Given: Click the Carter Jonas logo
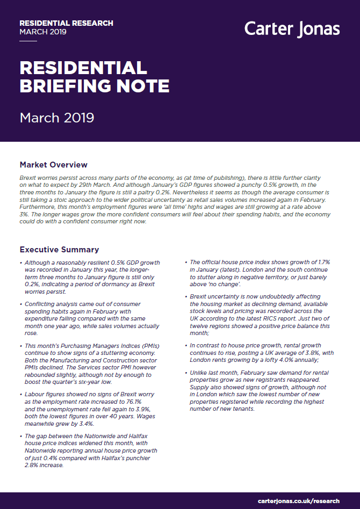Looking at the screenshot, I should click(x=292, y=28).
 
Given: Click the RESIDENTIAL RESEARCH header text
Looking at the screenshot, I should click(x=66, y=23).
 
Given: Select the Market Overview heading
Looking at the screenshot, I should click(x=53, y=164).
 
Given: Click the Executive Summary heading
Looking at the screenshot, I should click(x=59, y=249).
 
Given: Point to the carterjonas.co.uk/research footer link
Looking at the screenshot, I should click(x=298, y=501).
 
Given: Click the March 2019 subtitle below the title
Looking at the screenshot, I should click(x=57, y=117).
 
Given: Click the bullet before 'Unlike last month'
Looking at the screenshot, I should click(x=186, y=372).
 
